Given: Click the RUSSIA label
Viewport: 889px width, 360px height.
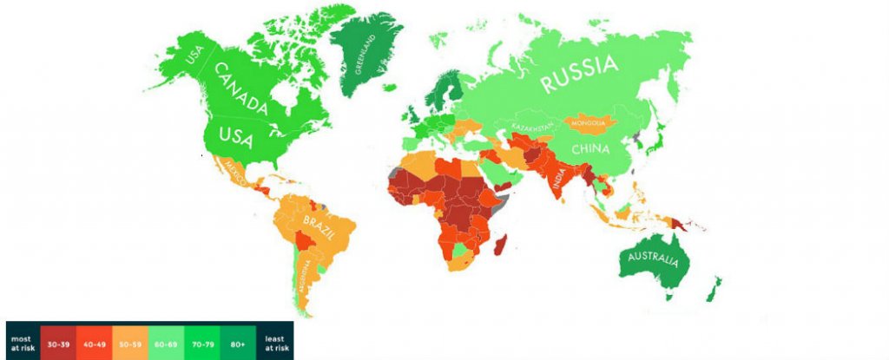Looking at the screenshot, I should pos(579,75).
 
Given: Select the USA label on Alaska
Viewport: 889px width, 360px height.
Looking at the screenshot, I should pos(194,57).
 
